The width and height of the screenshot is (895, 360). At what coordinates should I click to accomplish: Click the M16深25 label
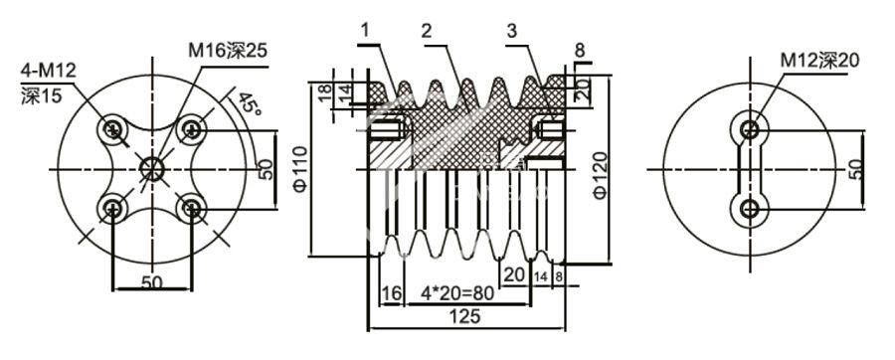coord(228,48)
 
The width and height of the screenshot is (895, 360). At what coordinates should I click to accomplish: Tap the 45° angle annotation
coord(250,105)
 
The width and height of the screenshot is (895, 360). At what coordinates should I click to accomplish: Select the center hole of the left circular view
coord(152,168)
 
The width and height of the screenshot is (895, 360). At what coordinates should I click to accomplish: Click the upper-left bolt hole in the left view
coord(114,128)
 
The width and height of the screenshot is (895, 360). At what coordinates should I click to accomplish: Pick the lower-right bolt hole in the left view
coord(192,207)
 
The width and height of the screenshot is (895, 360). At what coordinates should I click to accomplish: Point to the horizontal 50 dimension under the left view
coord(151,281)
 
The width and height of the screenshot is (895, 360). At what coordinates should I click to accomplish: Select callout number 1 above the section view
coord(365,31)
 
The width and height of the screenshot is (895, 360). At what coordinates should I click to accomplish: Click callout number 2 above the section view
coord(426,31)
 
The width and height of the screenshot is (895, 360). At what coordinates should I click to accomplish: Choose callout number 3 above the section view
coord(512,31)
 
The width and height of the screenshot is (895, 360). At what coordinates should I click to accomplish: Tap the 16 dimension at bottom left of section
coord(390,293)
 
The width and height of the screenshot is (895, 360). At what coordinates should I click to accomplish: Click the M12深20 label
coord(818,61)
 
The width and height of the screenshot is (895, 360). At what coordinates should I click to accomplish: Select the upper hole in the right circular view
coord(748,128)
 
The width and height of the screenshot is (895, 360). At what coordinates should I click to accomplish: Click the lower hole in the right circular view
coord(748,208)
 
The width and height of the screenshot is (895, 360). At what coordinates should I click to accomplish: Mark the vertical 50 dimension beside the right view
coord(856,168)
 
